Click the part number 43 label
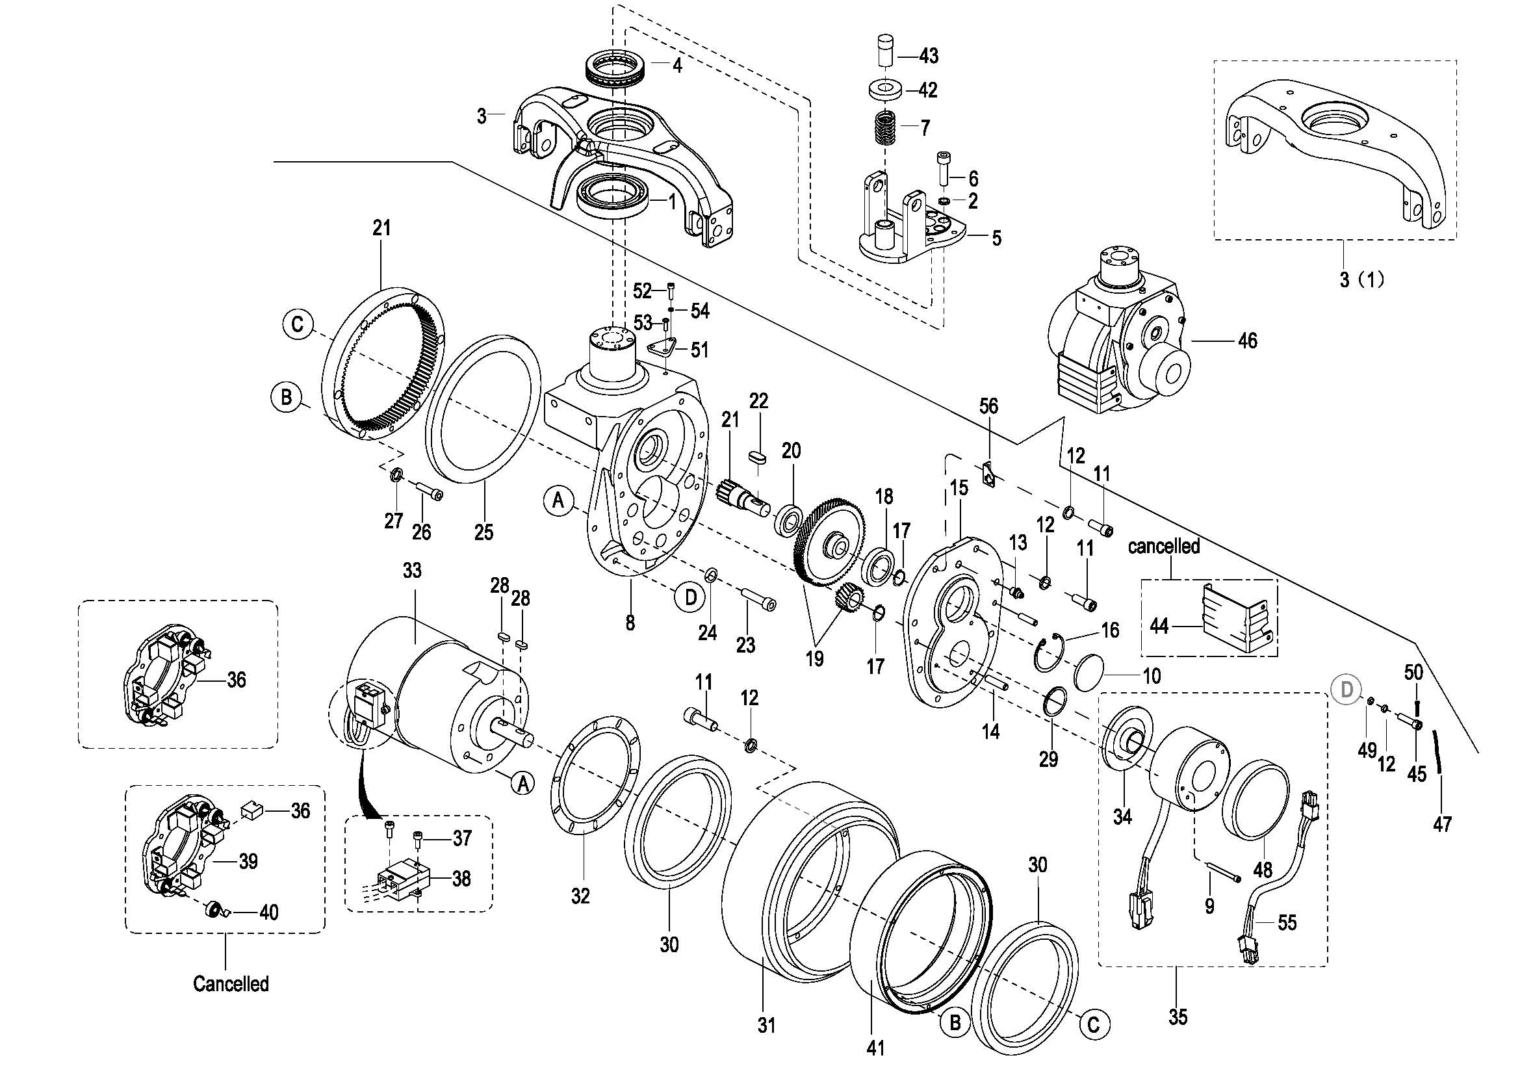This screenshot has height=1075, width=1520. pos(928,56)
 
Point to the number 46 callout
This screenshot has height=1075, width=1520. pos(1247,341)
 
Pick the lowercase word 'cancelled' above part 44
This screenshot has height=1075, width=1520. pos(1164,547)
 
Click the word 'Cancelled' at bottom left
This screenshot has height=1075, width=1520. pos(231,983)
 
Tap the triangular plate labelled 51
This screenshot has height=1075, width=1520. pos(663,350)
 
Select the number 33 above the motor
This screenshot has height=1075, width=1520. pos(412,570)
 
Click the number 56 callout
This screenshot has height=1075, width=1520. pos(988,406)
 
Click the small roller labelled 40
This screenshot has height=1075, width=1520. pos(214,911)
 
